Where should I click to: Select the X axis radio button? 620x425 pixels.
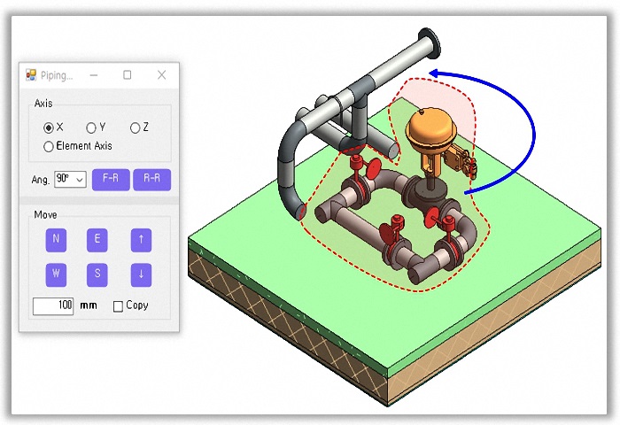49,127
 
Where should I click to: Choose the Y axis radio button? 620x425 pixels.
91,127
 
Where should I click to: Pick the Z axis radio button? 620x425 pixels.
135,127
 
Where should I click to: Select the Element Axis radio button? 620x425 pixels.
48,147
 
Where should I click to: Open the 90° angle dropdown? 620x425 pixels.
70,180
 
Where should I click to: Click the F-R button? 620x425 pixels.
111,180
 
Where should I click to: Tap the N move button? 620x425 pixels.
56,240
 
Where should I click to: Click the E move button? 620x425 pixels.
97,240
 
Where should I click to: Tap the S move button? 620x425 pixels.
97,274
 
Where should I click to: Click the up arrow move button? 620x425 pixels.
141,240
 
